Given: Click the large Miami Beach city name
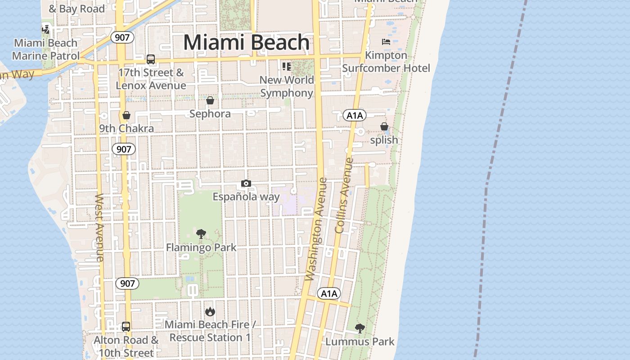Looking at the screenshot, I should pos(246,43).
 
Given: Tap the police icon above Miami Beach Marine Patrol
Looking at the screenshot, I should pos(45,30).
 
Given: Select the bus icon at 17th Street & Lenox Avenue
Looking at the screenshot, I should pos(151,59).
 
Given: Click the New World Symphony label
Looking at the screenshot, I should pos(287,86).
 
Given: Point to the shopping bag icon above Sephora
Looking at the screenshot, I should pos(210,100).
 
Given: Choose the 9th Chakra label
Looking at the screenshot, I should pos(126,129).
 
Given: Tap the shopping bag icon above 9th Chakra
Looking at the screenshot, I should pos(126,116).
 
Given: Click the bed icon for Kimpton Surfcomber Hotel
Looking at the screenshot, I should pos(386,42).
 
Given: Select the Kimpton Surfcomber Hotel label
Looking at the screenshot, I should pos(386,62).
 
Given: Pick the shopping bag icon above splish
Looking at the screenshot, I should pos(384,127).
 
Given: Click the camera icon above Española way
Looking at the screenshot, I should pos(246,183).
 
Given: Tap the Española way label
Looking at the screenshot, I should pos(246,197).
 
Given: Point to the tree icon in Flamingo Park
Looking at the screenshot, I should pos(201,234).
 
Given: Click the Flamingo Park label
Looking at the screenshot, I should pos(201,247).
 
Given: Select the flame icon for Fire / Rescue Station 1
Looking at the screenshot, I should pos(210,311).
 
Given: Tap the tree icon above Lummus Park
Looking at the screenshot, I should pos(360,328).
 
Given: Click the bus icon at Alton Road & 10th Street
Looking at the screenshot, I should pos(126,327).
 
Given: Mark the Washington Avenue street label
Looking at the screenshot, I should pos(316,229).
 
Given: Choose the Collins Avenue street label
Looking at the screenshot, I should pos(345,195).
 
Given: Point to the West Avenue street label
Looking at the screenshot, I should pos(99,227).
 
